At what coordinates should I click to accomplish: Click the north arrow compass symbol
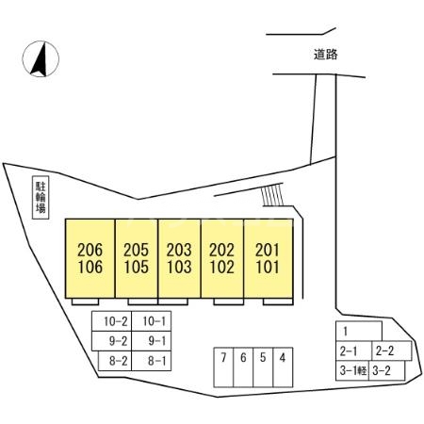coord(41,59)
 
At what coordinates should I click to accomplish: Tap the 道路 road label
coord(325,55)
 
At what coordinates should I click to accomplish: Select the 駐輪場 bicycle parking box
coord(41,197)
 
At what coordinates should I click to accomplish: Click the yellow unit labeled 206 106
coord(90,258)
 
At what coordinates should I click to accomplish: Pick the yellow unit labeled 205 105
coord(137,258)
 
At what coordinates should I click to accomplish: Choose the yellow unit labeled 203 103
coord(179,258)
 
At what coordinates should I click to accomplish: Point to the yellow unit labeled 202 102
coord(222,258)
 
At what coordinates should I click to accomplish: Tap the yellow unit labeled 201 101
coord(269,258)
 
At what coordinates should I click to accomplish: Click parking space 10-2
coord(112,321)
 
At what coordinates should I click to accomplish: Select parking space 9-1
coord(152,341)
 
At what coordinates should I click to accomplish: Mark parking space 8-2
coord(115,361)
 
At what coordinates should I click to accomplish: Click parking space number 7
coord(223,367)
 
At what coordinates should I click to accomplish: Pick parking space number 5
coord(263,367)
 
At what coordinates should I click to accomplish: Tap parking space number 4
coord(283,367)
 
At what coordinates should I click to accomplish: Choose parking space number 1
coord(359,331)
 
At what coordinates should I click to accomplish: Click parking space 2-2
coord(392,351)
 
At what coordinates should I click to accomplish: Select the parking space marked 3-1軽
coord(352,371)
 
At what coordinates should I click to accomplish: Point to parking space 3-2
coord(387,371)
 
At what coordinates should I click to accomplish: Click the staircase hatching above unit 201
coord(272,195)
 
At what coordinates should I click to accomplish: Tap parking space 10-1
coord(152,321)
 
